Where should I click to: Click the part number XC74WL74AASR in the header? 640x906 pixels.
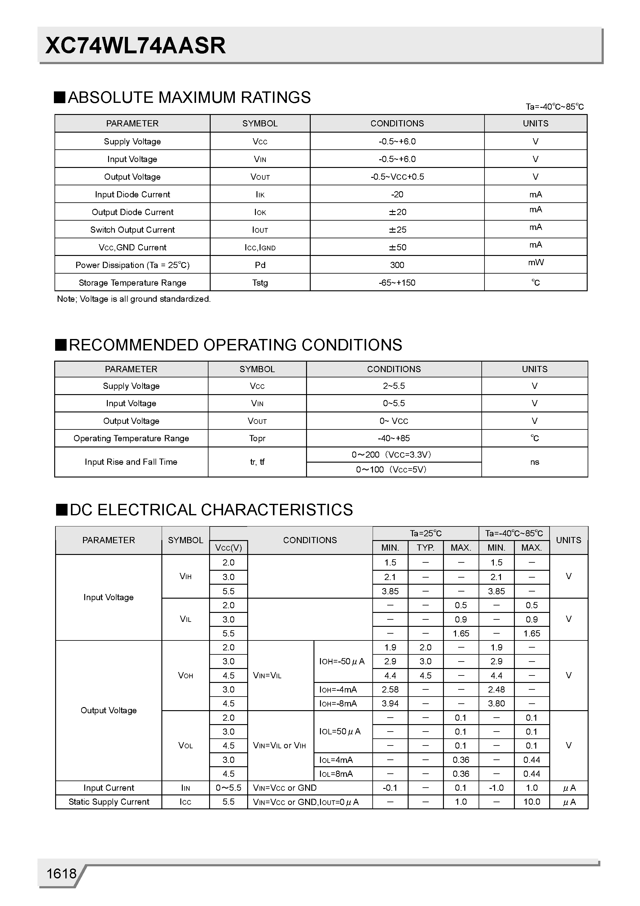pyautogui.click(x=135, y=46)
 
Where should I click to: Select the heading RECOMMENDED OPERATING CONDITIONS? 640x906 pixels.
pyautogui.click(x=235, y=345)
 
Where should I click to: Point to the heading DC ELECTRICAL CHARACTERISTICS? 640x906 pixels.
pyautogui.click(x=211, y=510)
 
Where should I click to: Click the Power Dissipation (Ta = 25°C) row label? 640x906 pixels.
pyautogui.click(x=132, y=265)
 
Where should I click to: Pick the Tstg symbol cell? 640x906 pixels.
pyautogui.click(x=260, y=283)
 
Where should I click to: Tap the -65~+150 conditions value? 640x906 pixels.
pyautogui.click(x=397, y=283)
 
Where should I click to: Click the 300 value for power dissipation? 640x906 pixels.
pyautogui.click(x=397, y=265)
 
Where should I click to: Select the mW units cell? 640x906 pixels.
pyautogui.click(x=535, y=262)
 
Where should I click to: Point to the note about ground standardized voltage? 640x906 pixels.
pyautogui.click(x=134, y=299)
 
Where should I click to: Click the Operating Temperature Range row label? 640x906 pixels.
pyautogui.click(x=131, y=438)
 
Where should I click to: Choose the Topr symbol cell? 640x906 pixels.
pyautogui.click(x=257, y=438)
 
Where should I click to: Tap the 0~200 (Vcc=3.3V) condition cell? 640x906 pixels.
pyautogui.click(x=393, y=455)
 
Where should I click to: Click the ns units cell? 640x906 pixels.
pyautogui.click(x=534, y=462)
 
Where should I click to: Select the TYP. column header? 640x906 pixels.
pyautogui.click(x=425, y=548)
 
